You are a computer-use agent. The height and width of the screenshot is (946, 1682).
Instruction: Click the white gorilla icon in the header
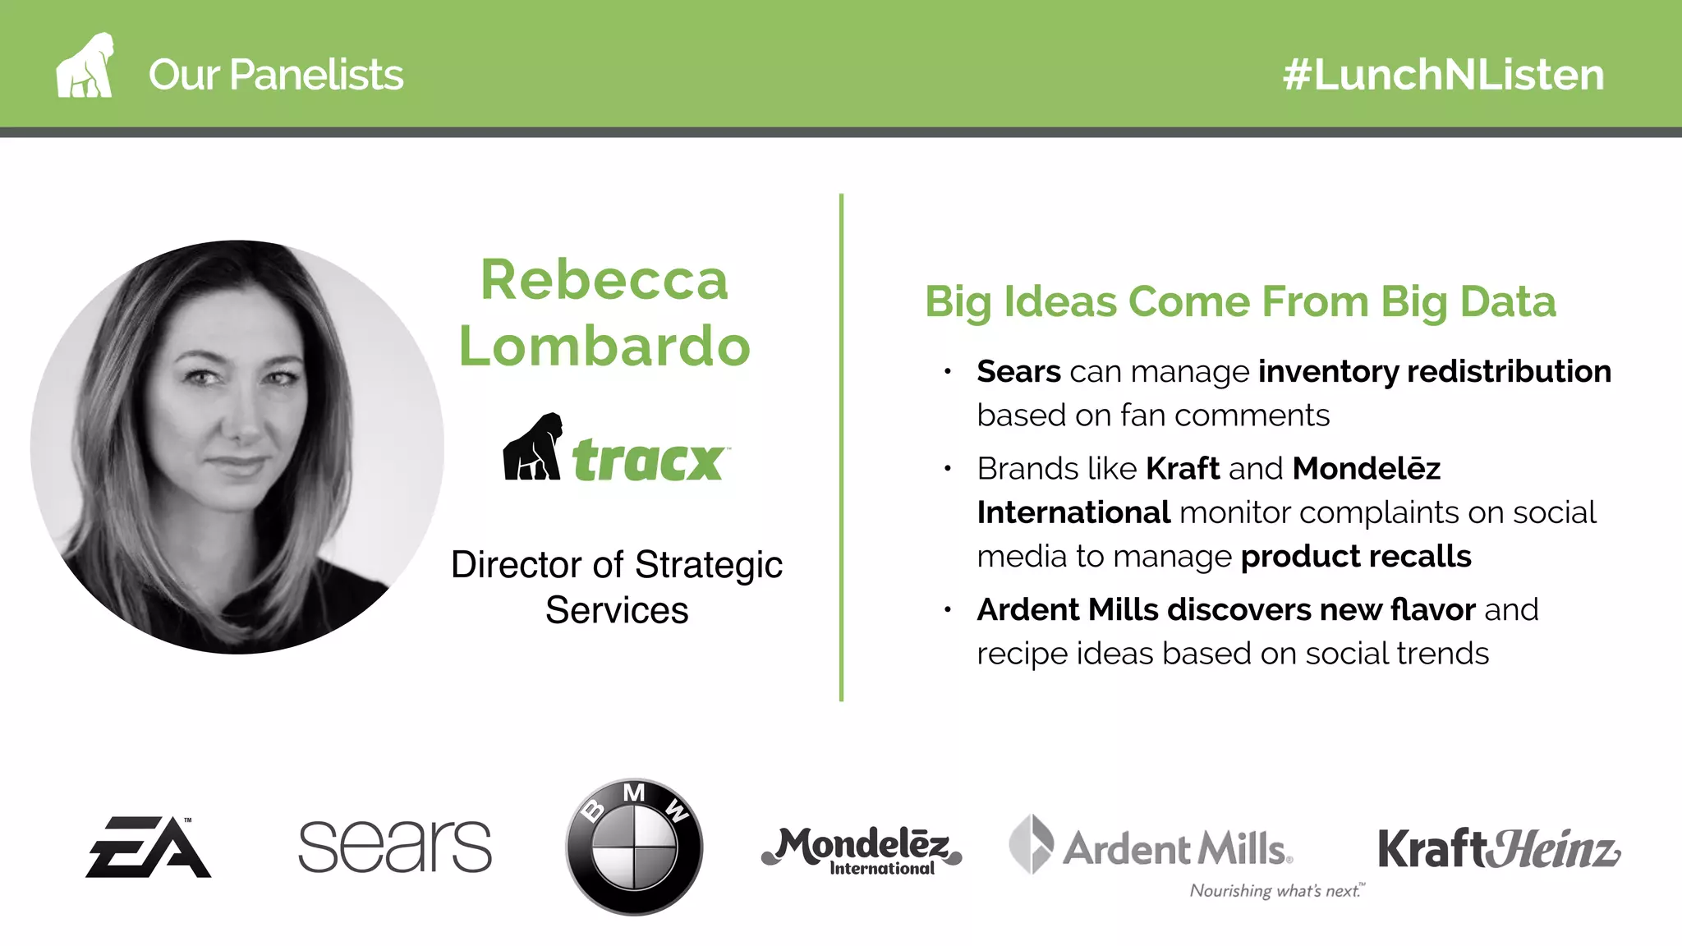click(x=84, y=67)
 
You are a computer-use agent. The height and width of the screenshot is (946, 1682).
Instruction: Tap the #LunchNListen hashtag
click(x=1443, y=75)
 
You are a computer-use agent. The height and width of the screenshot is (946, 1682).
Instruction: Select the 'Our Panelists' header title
click(x=276, y=75)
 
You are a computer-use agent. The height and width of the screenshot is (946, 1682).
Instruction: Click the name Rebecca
click(x=604, y=280)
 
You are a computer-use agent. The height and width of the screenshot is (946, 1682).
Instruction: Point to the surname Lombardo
click(x=604, y=346)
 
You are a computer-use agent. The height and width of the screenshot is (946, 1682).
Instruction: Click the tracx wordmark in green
click(x=649, y=460)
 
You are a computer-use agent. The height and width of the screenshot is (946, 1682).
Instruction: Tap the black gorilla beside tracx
click(x=532, y=448)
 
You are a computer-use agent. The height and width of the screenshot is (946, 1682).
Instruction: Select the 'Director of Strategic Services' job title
click(x=617, y=587)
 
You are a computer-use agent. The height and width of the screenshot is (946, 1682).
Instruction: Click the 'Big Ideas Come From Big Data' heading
click(x=1240, y=301)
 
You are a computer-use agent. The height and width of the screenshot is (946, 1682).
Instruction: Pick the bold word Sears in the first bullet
click(x=1018, y=372)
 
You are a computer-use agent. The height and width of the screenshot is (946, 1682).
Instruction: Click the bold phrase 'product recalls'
click(x=1356, y=557)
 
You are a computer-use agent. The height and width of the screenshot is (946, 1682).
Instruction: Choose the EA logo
click(x=149, y=847)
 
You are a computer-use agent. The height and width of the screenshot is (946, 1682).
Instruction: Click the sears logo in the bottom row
click(x=395, y=847)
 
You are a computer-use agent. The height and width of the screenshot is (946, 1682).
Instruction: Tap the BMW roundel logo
click(x=634, y=847)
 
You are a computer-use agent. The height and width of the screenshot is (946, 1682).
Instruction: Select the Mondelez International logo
click(x=862, y=850)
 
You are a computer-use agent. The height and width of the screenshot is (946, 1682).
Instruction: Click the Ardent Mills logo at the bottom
click(x=1150, y=847)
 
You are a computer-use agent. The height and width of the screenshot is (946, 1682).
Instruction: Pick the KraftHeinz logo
click(x=1499, y=848)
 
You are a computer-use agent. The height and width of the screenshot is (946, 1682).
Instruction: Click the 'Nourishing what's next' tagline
click(x=1276, y=891)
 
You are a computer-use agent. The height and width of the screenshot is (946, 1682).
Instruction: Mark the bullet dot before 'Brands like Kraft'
click(x=948, y=469)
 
